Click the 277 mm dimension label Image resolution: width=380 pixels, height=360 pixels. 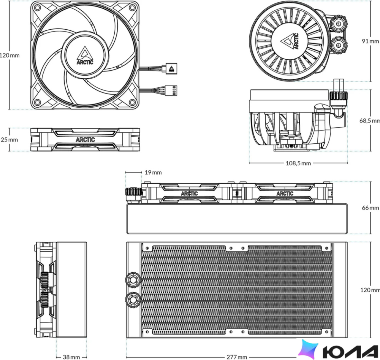click(x=237, y=357)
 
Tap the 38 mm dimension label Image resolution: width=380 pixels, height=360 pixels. click(x=71, y=357)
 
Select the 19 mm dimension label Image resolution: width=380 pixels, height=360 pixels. click(x=153, y=172)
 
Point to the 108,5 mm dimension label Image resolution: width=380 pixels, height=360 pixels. click(x=298, y=163)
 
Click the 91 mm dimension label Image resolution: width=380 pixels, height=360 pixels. click(x=370, y=41)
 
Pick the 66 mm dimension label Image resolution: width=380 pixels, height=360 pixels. click(x=370, y=208)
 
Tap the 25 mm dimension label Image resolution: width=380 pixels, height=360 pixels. click(x=9, y=140)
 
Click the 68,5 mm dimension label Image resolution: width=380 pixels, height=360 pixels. click(x=370, y=120)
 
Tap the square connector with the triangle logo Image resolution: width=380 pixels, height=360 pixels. click(x=172, y=68)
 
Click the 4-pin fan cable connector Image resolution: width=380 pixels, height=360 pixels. click(x=171, y=91)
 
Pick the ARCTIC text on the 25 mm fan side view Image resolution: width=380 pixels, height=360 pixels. click(x=85, y=140)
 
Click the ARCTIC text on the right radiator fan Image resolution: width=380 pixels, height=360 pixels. click(x=285, y=193)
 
